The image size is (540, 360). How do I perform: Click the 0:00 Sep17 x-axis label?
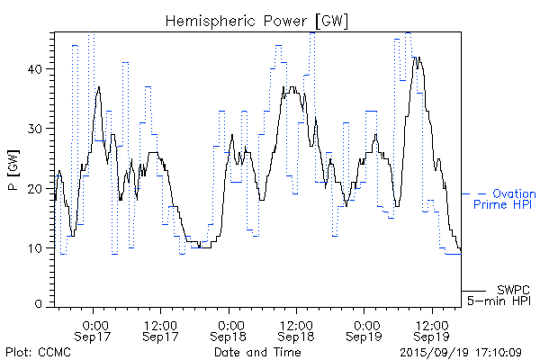pyautogui.click(x=95, y=329)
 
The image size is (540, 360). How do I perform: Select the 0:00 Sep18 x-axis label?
pyautogui.click(x=230, y=329)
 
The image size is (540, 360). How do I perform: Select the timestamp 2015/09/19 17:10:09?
pyautogui.click(x=461, y=352)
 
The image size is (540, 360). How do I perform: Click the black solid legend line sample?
pyautogui.click(x=474, y=292)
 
